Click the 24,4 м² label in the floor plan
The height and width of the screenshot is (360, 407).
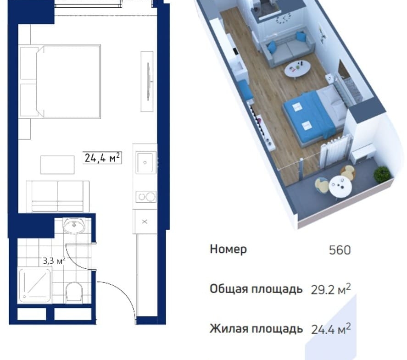click(x=102, y=157)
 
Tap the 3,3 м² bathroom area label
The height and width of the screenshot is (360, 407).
click(x=54, y=260)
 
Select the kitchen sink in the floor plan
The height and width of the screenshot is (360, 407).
click(x=146, y=162)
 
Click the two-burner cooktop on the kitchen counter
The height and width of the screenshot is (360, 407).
click(x=146, y=197)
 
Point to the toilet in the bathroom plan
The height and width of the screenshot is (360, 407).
click(x=74, y=292)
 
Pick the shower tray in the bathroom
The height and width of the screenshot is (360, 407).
click(x=34, y=285)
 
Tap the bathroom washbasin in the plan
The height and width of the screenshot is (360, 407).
click(x=74, y=225)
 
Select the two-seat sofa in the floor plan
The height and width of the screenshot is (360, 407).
click(x=58, y=196)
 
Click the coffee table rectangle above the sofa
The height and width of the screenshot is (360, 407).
click(x=57, y=165)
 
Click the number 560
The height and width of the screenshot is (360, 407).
click(x=340, y=250)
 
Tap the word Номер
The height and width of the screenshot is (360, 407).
click(x=228, y=249)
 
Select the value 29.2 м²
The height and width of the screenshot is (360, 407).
click(x=331, y=289)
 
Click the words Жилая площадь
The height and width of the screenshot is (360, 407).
click(x=256, y=329)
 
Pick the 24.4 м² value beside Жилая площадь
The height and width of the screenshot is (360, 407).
click(x=331, y=329)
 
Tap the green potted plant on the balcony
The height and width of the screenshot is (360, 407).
click(x=382, y=173)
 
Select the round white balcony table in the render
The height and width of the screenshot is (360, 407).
click(x=340, y=186)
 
